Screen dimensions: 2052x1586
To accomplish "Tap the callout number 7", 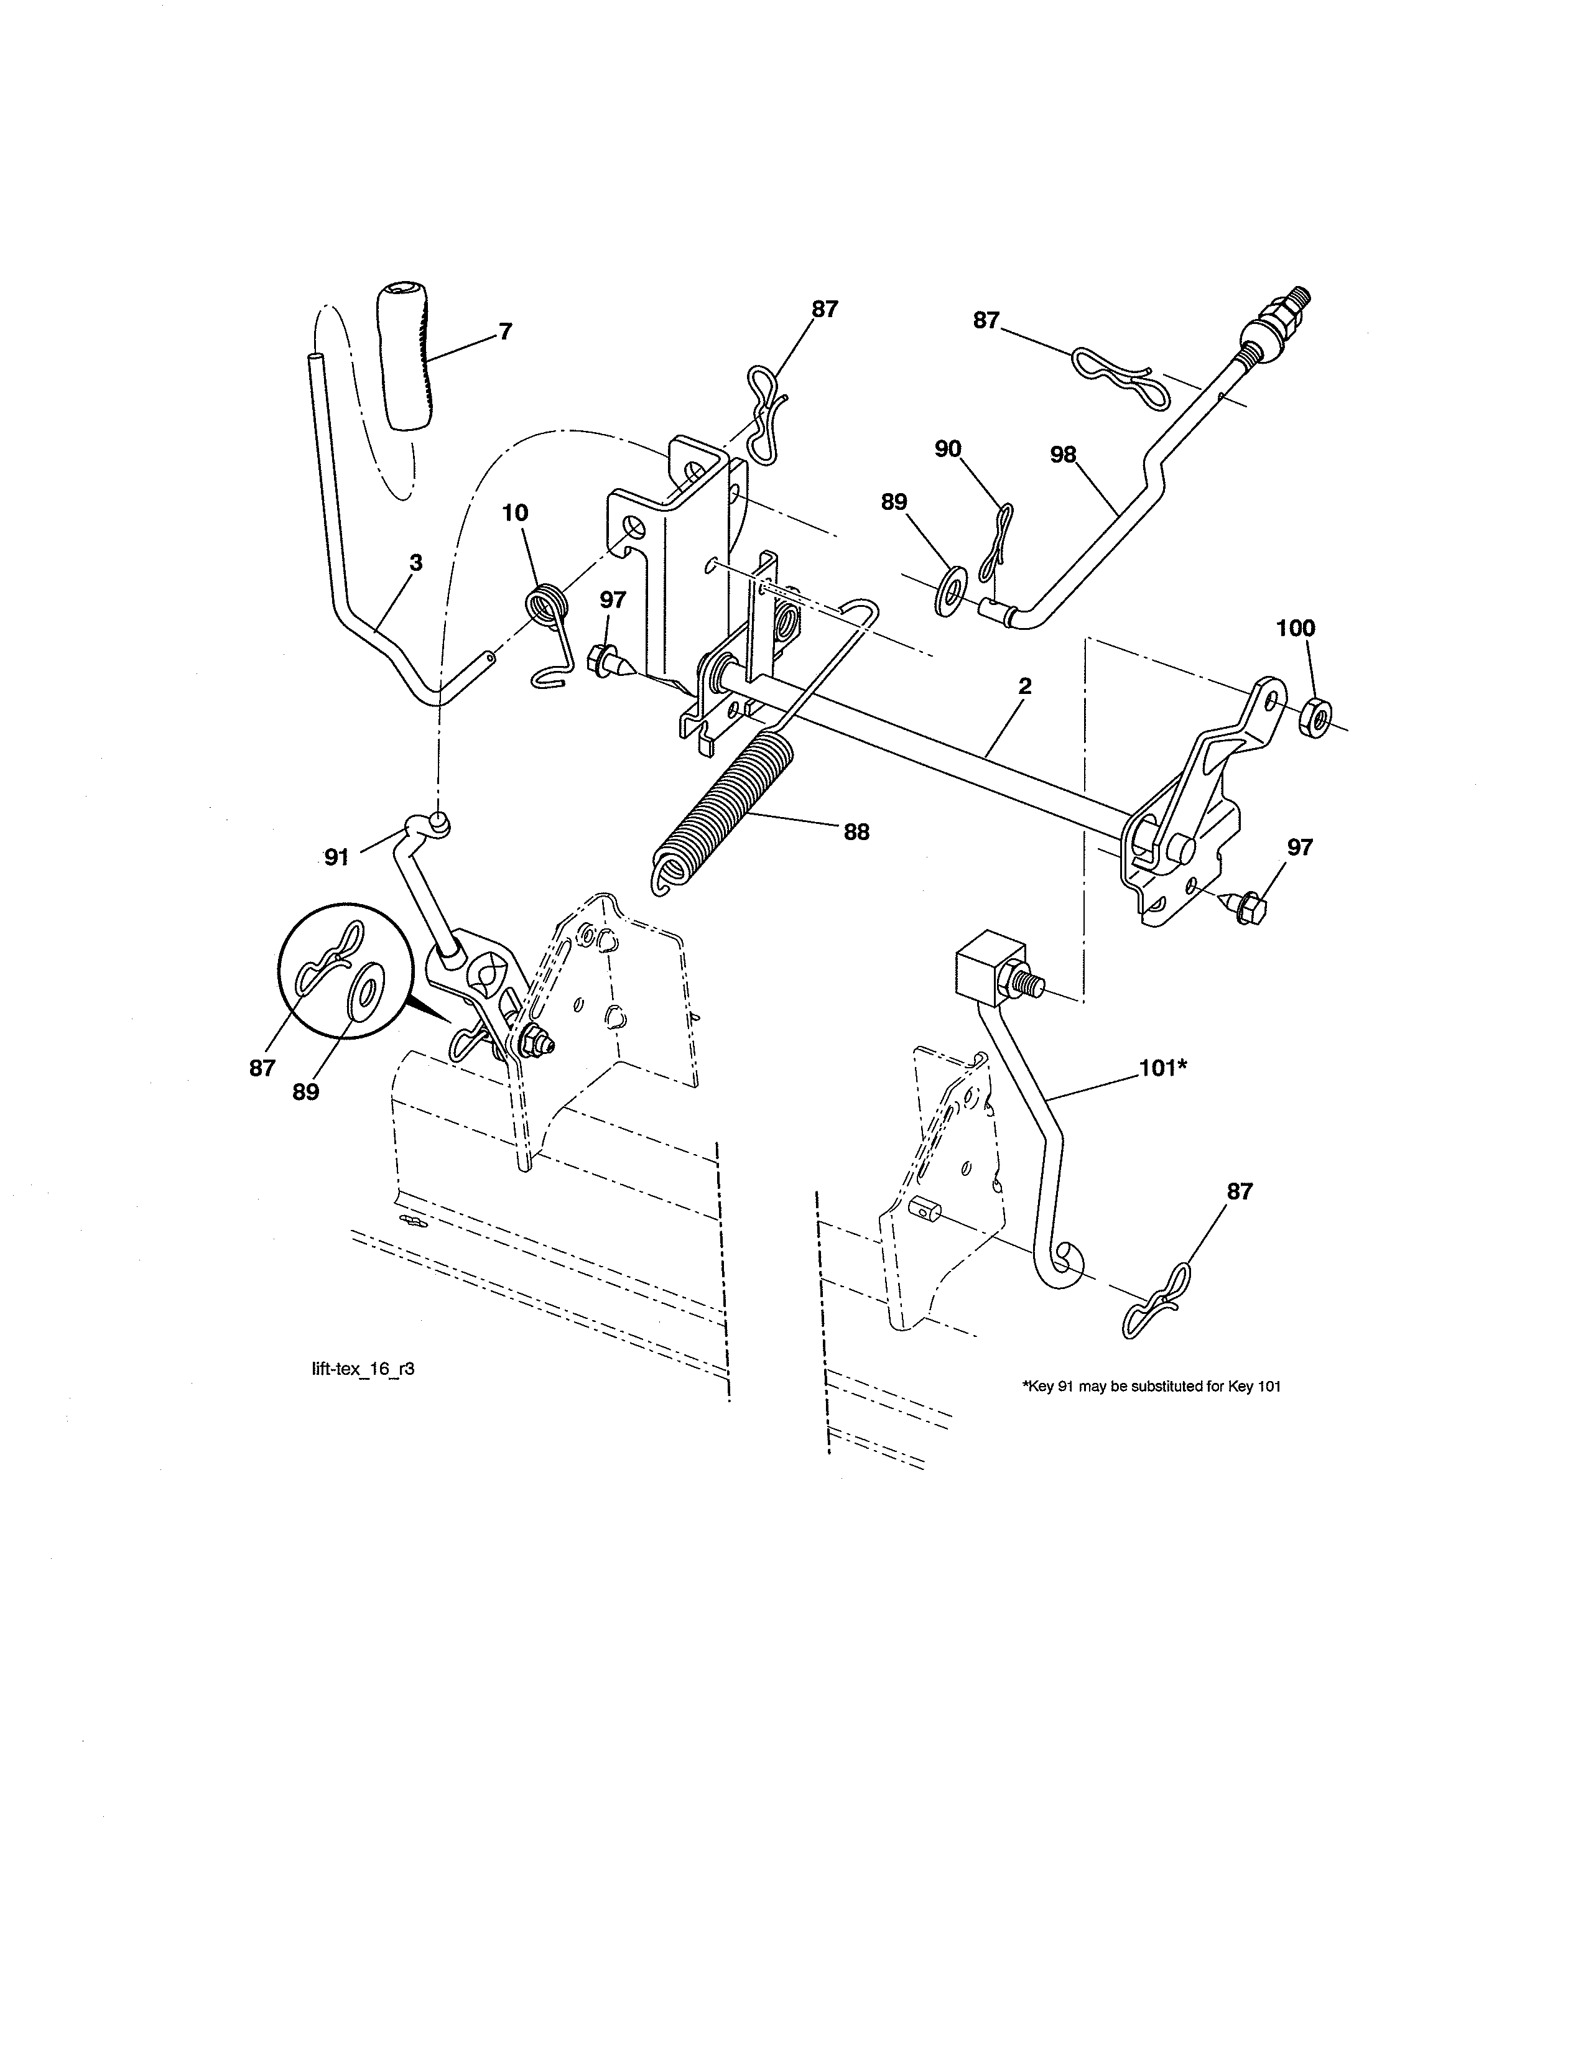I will [506, 331].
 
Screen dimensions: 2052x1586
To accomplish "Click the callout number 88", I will [856, 831].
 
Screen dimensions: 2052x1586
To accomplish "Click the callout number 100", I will [1296, 629].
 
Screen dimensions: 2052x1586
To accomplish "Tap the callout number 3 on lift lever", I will [415, 563].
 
